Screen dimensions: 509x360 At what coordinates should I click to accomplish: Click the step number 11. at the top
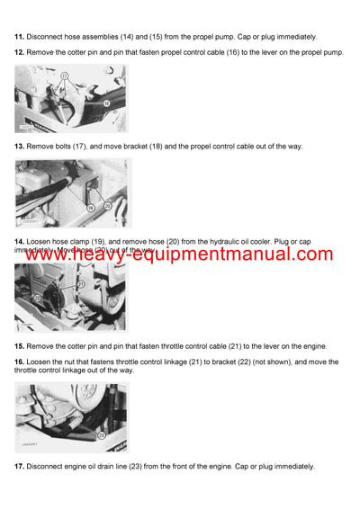coord(19,37)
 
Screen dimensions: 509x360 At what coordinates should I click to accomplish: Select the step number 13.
coord(19,146)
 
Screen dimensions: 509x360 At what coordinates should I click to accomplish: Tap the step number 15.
coord(19,346)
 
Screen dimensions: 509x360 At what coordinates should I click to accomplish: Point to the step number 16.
coord(19,362)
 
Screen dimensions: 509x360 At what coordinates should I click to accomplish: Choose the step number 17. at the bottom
coord(19,467)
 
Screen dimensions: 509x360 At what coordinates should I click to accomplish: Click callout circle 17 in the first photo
coord(64,78)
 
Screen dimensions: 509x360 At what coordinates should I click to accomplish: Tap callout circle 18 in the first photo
coord(106,103)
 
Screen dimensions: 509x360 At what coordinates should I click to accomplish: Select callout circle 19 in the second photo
coord(90,208)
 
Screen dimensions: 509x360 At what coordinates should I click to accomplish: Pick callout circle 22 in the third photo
coord(39,298)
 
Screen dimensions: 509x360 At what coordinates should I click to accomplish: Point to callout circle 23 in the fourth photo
coord(101,434)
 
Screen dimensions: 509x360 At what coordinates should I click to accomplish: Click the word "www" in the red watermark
coord(48,254)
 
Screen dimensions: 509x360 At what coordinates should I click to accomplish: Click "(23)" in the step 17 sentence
coord(144,467)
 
